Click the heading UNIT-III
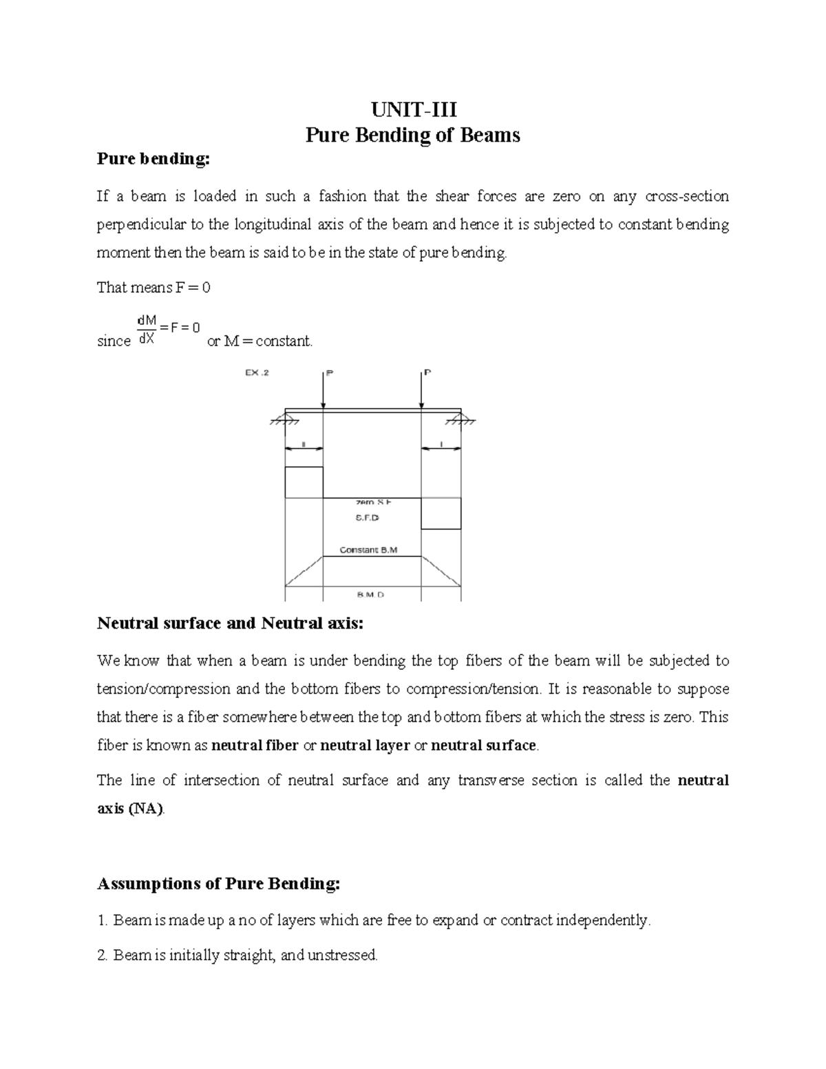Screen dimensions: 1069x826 [x=413, y=110]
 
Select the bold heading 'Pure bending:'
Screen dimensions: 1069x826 [x=152, y=159]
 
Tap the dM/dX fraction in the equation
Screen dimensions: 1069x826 [x=147, y=329]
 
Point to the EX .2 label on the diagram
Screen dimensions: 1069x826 [x=257, y=373]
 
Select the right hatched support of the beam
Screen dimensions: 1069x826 [x=467, y=421]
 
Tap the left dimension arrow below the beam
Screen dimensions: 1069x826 [x=304, y=448]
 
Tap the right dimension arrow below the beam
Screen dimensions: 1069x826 [x=441, y=448]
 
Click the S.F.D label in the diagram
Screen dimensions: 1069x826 [x=368, y=518]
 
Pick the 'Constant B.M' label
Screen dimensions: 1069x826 [x=369, y=550]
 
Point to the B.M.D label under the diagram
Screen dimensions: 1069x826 [x=370, y=594]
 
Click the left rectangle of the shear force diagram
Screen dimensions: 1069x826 [x=304, y=482]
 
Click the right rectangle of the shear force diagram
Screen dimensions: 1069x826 [x=441, y=514]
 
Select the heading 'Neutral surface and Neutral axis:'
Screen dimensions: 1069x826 [x=230, y=624]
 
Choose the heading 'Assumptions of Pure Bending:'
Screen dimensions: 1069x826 [x=219, y=884]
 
